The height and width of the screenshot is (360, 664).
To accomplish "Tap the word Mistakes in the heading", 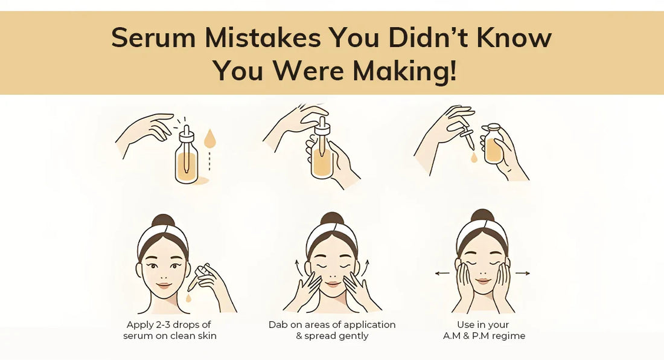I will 262,38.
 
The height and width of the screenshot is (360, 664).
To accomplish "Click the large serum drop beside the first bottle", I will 209,140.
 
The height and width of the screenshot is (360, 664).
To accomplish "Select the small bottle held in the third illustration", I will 494,145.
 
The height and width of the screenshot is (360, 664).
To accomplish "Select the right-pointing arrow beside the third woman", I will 523,273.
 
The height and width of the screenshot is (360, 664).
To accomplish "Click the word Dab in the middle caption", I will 278,324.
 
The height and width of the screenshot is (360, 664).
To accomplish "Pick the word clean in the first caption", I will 182,336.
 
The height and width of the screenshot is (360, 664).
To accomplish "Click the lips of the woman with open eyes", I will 164,285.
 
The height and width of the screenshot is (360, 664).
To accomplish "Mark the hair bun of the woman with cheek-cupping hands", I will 482,216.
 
